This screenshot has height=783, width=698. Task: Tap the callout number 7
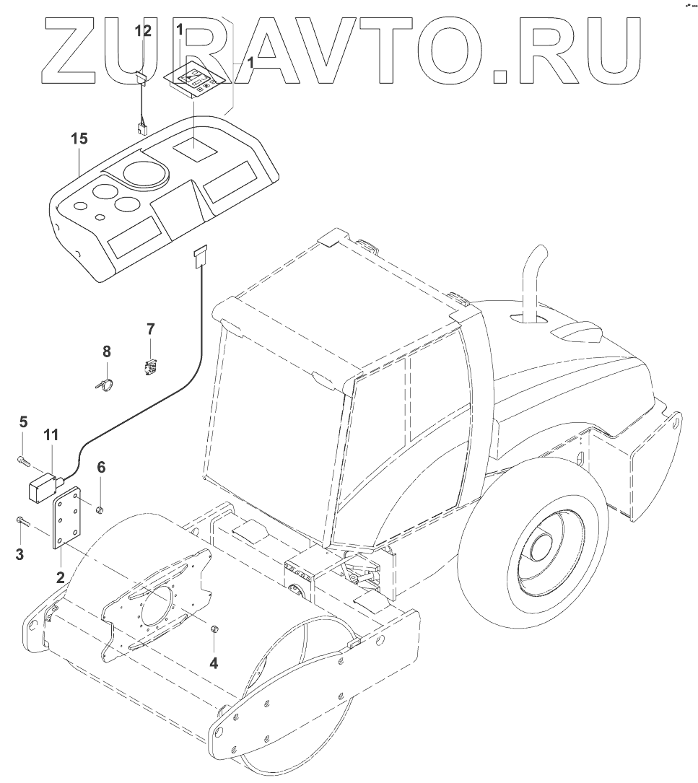150,330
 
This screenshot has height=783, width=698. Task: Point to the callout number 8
107,351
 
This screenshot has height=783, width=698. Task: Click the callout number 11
51,434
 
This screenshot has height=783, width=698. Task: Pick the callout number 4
214,662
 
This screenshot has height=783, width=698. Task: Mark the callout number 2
61,577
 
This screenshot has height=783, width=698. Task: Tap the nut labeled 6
102,512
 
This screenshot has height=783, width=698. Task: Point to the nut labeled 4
214,631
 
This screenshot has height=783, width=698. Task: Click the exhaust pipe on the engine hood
533,281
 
